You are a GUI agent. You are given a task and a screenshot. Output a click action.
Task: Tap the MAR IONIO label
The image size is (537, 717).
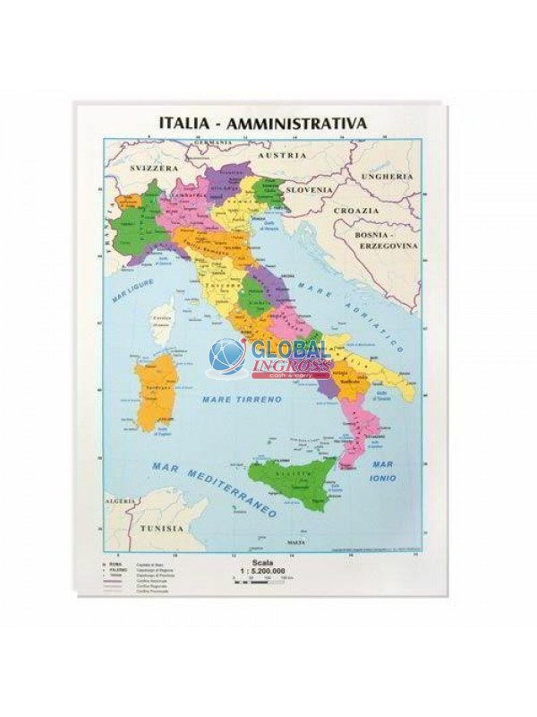[397, 472]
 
